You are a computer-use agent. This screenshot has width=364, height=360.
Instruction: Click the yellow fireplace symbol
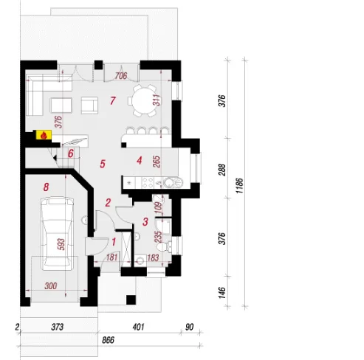click(x=44, y=135)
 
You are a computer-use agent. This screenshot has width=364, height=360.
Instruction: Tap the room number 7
click(x=113, y=100)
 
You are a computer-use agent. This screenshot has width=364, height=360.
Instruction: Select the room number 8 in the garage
click(x=46, y=187)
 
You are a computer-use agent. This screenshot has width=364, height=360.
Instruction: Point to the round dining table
click(x=144, y=100)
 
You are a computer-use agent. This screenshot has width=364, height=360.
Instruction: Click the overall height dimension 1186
click(x=239, y=186)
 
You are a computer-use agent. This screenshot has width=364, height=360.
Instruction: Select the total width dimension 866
click(x=109, y=340)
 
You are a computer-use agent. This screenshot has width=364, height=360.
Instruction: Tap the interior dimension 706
click(x=121, y=76)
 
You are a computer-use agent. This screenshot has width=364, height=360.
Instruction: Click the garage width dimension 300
click(x=51, y=285)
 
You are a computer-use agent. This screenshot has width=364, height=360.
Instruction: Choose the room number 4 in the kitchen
click(x=140, y=161)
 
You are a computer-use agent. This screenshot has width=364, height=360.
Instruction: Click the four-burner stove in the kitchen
click(x=148, y=183)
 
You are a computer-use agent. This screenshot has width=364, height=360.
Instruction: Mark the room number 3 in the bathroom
click(x=145, y=221)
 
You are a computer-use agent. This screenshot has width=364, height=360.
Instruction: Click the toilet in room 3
click(x=164, y=246)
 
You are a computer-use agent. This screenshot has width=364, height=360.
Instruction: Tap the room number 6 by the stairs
click(x=71, y=153)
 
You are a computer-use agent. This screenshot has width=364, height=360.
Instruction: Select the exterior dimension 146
click(x=222, y=292)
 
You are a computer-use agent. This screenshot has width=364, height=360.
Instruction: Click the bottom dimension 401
click(x=138, y=327)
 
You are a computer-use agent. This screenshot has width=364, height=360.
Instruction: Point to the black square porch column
click(x=131, y=300)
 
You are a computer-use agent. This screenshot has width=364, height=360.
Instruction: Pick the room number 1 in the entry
click(x=114, y=242)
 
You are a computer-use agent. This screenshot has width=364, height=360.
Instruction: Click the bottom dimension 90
click(x=190, y=327)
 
